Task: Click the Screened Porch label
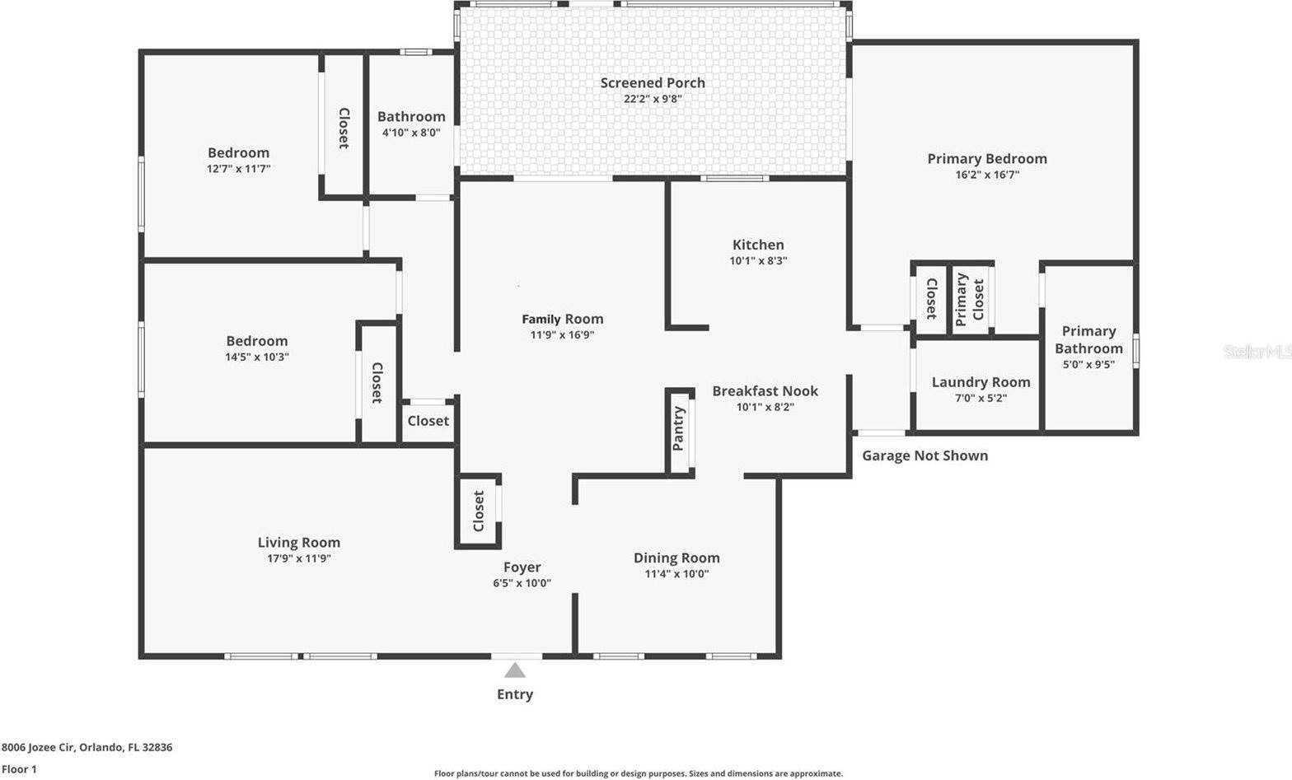652,82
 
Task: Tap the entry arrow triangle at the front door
515,670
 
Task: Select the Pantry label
678,428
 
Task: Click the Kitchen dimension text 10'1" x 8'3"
758,260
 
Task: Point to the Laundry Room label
981,382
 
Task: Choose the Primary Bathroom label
1088,339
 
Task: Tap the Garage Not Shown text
925,455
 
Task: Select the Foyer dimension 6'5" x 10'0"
522,583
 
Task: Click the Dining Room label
676,558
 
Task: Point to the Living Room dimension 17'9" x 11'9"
298,558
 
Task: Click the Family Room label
562,319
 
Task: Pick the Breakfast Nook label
765,390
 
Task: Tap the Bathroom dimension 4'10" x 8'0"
410,133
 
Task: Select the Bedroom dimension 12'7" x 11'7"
238,169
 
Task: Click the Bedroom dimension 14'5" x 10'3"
257,357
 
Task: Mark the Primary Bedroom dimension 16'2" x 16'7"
987,175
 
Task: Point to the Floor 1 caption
19,769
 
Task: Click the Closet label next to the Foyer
479,511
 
